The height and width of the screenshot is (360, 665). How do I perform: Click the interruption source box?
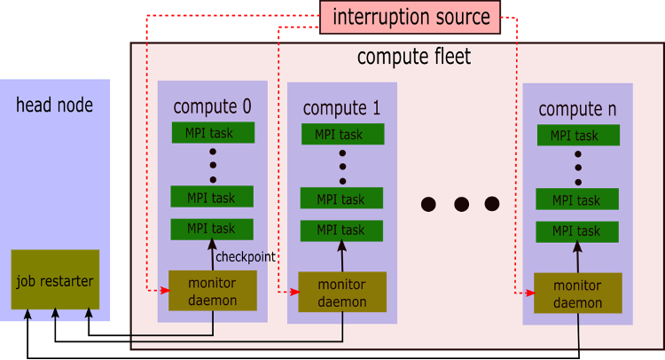click(411, 17)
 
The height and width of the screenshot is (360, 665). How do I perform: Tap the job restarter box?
click(55, 280)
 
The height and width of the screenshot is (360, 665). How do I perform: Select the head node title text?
click(55, 106)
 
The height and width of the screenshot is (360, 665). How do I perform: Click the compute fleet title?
click(413, 58)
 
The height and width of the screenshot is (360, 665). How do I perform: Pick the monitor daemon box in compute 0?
click(213, 291)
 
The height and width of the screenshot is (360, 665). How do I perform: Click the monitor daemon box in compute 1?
click(342, 293)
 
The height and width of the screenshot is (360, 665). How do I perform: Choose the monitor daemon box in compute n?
click(578, 293)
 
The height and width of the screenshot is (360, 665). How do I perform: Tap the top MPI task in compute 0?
click(212, 133)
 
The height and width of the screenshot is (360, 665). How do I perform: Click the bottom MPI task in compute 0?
click(212, 229)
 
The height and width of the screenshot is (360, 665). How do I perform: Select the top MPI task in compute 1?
click(342, 135)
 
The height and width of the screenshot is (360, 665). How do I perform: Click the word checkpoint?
click(246, 257)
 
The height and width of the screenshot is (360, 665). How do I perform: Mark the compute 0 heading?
click(212, 107)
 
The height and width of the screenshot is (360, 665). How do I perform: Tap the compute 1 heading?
click(341, 109)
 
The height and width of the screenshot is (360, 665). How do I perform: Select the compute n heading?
click(577, 110)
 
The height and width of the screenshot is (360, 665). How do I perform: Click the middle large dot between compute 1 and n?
click(461, 204)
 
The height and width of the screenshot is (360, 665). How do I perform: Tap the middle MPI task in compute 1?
click(341, 199)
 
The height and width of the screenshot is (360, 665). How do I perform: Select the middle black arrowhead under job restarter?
click(55, 313)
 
